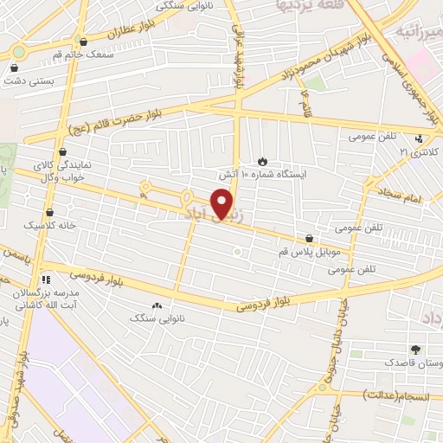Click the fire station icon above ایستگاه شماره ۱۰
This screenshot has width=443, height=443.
pos(263,161)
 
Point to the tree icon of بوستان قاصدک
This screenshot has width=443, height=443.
pos(417,350)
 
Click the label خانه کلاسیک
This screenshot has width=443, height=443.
pos(49,224)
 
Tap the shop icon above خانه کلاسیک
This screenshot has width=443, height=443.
pos(49,211)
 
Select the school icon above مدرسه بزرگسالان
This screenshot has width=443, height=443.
pos(46,279)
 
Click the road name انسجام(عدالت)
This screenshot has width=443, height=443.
pos(396,395)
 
